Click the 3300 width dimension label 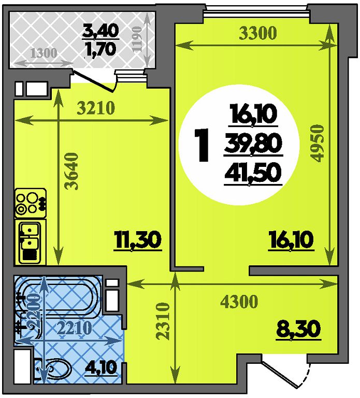click(257, 33)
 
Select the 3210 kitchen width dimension click(96, 108)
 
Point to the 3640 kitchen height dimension click(71, 171)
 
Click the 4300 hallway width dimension click(239, 302)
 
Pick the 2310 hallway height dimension click(162, 321)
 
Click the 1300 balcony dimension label click(44, 53)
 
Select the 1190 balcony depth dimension click(137, 39)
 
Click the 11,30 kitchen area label click(138, 240)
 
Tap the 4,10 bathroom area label click(100, 367)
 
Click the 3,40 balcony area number click(100, 31)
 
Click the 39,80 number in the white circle click(253, 144)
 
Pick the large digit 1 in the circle click(201, 145)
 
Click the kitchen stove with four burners click(31, 203)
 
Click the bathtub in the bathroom click(59, 297)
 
